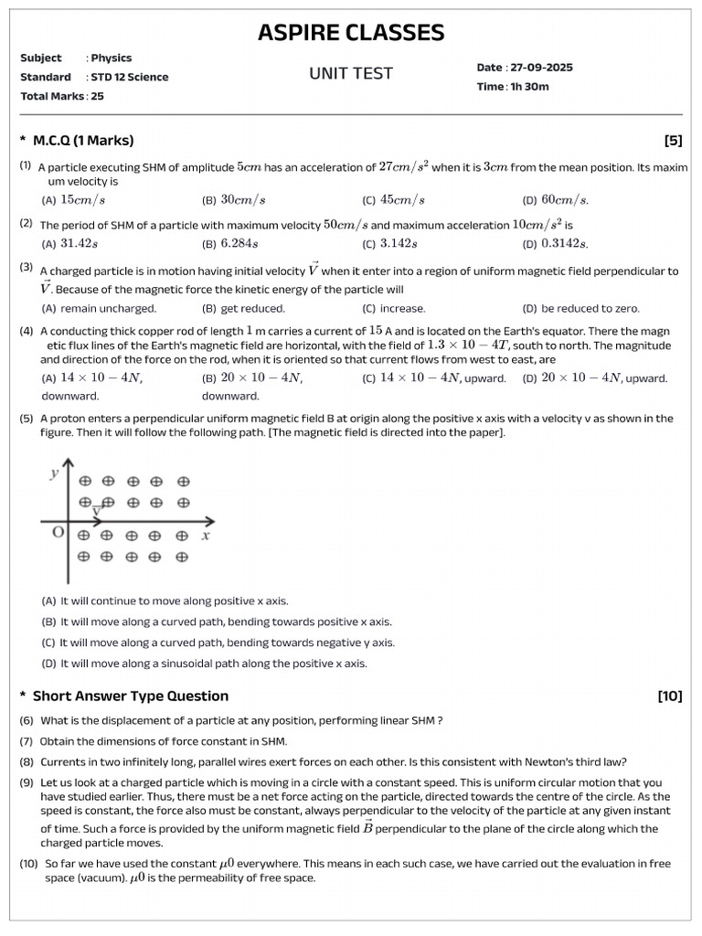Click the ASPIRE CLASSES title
(351, 33)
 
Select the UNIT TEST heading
(351, 74)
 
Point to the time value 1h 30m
(535, 87)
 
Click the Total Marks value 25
(97, 96)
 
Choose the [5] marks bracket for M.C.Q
(673, 140)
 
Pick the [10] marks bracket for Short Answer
(669, 696)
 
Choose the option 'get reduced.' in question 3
(252, 309)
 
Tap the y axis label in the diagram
(55, 473)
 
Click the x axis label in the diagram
(206, 536)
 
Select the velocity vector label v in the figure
(96, 509)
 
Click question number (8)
(27, 761)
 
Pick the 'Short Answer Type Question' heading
(130, 696)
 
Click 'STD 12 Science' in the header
(129, 77)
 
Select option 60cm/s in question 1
(565, 200)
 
